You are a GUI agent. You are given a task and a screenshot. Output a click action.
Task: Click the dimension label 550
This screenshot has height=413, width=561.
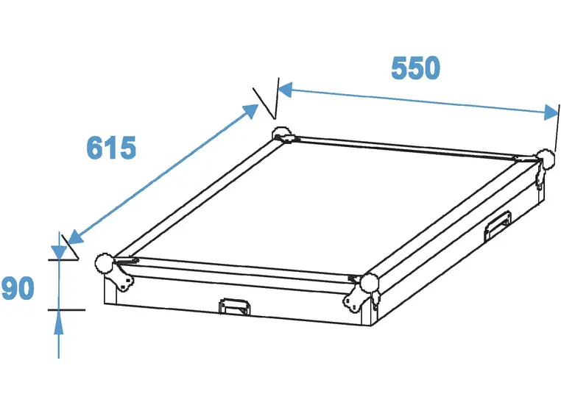pyautogui.click(x=415, y=68)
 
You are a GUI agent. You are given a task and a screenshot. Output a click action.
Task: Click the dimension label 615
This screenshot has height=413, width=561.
pyautogui.click(x=111, y=148)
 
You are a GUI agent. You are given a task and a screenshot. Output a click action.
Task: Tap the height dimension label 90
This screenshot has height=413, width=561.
pyautogui.click(x=18, y=288)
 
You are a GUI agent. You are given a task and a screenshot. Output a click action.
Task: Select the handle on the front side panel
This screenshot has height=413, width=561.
pyautogui.click(x=234, y=307)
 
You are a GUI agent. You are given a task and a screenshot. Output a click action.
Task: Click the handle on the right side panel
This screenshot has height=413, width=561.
pyautogui.click(x=497, y=226)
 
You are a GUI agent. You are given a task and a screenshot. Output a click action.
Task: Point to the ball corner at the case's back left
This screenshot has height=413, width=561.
pyautogui.click(x=283, y=134)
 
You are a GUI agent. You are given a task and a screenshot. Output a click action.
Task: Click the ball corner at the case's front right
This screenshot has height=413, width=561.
pyautogui.click(x=370, y=284)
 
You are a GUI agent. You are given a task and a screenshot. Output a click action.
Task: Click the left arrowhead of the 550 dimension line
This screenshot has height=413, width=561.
pyautogui.click(x=285, y=90)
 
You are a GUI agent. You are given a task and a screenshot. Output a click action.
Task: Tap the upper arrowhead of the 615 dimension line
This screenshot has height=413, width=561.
pyautogui.click(x=250, y=111)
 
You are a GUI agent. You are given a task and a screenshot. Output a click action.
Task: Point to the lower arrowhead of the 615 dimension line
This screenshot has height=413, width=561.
pyautogui.click(x=75, y=237)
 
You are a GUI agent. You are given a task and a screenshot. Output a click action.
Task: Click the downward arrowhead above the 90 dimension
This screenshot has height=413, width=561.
pyautogui.click(x=59, y=252)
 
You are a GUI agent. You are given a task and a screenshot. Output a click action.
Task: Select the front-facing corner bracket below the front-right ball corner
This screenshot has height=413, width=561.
pyautogui.click(x=354, y=299)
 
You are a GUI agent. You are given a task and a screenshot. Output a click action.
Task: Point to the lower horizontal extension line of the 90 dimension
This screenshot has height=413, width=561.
pyautogui.click(x=66, y=310)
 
